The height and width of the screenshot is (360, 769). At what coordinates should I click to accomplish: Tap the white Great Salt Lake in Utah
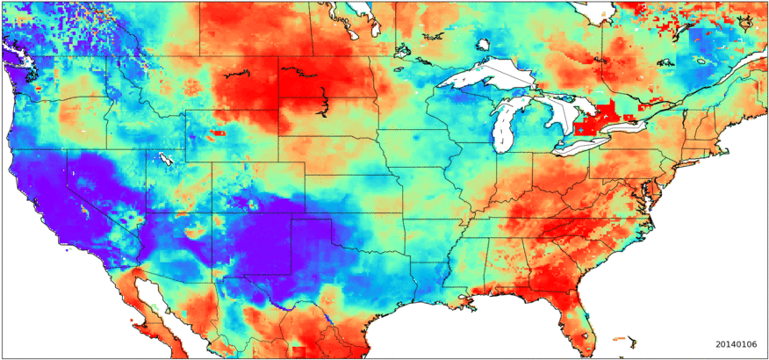pyautogui.click(x=165, y=159)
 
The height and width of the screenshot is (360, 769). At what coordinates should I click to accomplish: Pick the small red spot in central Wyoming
pyautogui.click(x=216, y=133)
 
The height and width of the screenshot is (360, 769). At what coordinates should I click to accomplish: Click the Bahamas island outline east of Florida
pyautogui.click(x=625, y=336)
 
